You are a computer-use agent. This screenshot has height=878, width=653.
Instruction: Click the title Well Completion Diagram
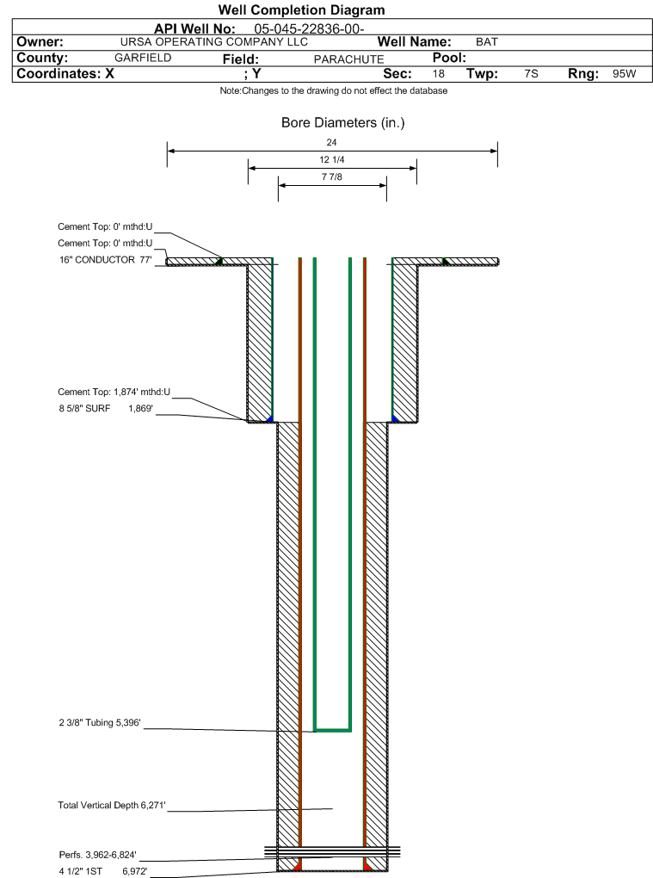pyautogui.click(x=301, y=10)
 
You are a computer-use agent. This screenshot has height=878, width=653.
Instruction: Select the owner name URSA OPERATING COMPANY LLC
pyautogui.click(x=214, y=42)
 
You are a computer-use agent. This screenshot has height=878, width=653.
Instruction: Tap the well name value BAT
pyautogui.click(x=487, y=42)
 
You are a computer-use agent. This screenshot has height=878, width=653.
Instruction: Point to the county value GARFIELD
pyautogui.click(x=143, y=58)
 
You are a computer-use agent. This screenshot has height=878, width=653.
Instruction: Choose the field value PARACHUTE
pyautogui.click(x=348, y=59)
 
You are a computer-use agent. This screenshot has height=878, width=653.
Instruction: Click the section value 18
pyautogui.click(x=439, y=74)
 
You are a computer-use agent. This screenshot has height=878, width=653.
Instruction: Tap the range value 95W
pyautogui.click(x=624, y=74)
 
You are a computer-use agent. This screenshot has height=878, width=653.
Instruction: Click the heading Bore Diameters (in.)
pyautogui.click(x=342, y=123)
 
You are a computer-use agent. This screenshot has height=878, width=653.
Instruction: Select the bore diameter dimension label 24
pyautogui.click(x=332, y=142)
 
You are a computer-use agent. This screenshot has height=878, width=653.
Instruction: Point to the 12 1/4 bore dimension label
pyautogui.click(x=332, y=160)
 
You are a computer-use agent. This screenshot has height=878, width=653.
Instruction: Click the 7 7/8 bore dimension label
pyautogui.click(x=332, y=177)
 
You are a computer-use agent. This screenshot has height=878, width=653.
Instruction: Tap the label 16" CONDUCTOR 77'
pyautogui.click(x=105, y=259)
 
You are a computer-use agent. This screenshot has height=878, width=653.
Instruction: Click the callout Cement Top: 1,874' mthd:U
pyautogui.click(x=114, y=393)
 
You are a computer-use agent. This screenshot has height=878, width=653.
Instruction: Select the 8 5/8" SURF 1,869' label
pyautogui.click(x=105, y=409)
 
